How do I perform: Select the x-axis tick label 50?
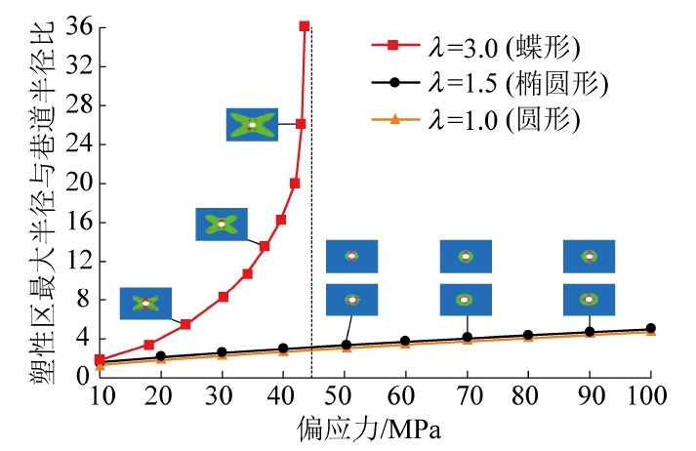click(x=342, y=394)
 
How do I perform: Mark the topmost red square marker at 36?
click(x=304, y=26)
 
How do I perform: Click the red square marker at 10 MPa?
click(x=100, y=359)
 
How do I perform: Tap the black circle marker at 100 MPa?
click(x=650, y=329)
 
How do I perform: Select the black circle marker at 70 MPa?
click(x=467, y=338)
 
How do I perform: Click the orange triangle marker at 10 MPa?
click(x=100, y=364)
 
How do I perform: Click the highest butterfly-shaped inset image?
click(x=252, y=124)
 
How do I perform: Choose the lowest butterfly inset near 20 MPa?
click(x=145, y=303)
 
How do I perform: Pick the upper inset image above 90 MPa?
click(x=589, y=256)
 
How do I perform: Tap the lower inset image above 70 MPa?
click(x=466, y=300)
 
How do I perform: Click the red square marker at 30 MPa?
click(x=223, y=297)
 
